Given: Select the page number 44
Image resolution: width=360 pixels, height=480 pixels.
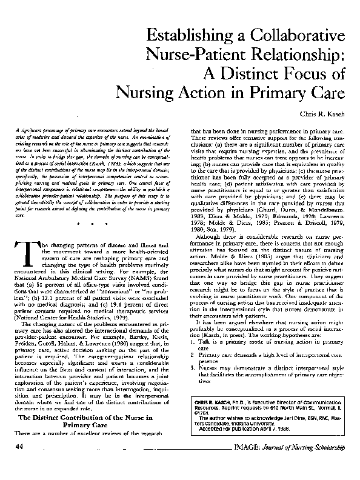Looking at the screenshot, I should [19, 464].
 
